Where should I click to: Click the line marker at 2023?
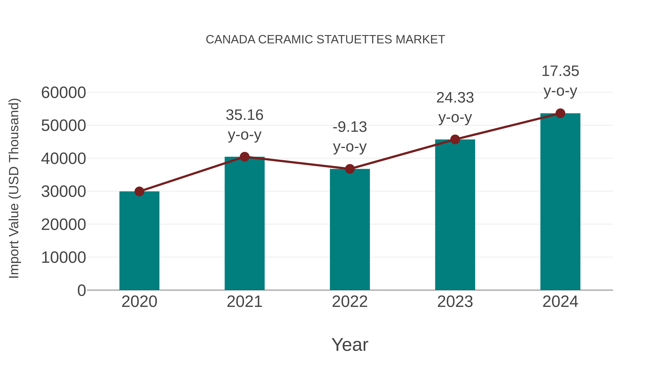point(455,139)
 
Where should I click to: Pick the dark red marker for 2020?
point(139,191)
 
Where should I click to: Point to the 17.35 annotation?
point(560,81)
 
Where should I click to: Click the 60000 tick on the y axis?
point(63,93)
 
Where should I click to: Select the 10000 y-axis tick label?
point(63,258)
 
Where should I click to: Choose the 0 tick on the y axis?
point(82,290)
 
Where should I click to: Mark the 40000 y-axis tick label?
point(63,159)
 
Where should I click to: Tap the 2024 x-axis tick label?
point(560,302)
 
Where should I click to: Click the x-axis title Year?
point(350,344)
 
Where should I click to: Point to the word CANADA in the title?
point(231,40)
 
